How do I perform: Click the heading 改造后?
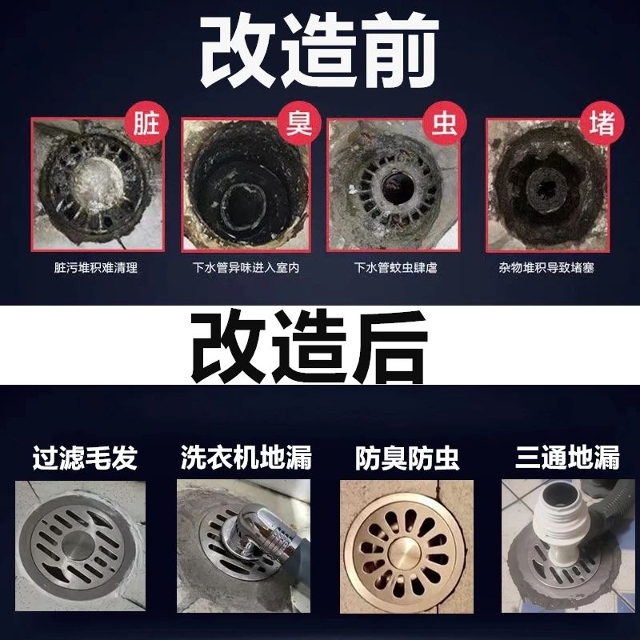309,346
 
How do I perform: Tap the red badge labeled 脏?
146,123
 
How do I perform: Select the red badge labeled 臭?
299,123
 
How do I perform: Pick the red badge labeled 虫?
445,123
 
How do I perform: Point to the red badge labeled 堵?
602,123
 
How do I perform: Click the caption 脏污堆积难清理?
96,268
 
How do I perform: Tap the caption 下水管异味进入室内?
246,268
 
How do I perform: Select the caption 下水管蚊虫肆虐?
395,268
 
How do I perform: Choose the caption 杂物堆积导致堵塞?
546,268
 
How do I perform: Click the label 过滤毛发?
85,458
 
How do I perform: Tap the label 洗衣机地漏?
246,458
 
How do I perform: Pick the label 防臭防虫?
407,458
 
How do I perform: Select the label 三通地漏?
568,458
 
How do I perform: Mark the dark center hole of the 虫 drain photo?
397,189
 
